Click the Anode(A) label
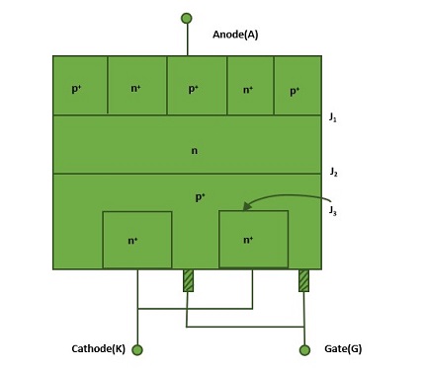(x=235, y=35)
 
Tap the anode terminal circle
(x=187, y=18)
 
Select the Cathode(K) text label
(x=98, y=349)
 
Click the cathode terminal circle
(x=137, y=350)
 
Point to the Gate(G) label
(x=343, y=349)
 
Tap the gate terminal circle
(x=304, y=350)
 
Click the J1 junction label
(x=333, y=117)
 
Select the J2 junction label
(x=333, y=172)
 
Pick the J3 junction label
(x=333, y=211)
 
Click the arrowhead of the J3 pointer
(x=246, y=206)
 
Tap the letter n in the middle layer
(x=195, y=151)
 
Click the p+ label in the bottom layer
(x=200, y=197)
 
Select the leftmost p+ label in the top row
(x=76, y=89)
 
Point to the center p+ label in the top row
(x=194, y=89)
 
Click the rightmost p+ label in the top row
(x=295, y=92)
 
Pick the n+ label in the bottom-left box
(x=132, y=241)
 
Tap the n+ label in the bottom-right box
(x=248, y=240)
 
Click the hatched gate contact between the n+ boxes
(x=188, y=280)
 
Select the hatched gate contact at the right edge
(x=303, y=280)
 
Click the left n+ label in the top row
(x=135, y=88)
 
